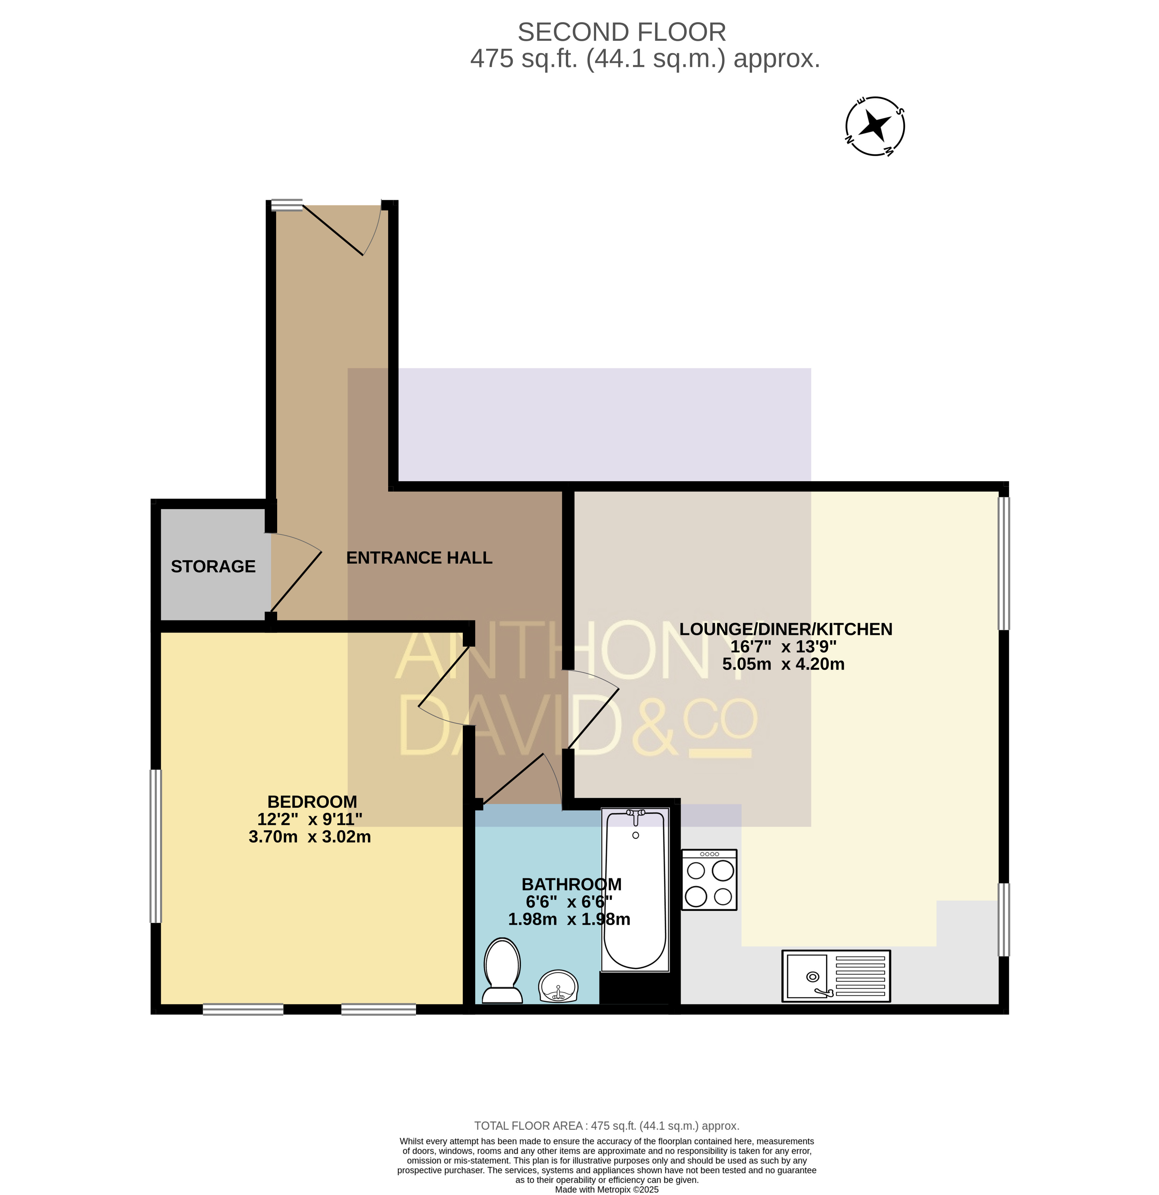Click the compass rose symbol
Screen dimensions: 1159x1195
point(875,126)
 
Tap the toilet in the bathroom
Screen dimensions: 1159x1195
point(502,970)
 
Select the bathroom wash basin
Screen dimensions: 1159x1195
point(558,986)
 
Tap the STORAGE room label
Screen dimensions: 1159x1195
point(213,566)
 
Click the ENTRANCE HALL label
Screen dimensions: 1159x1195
point(419,557)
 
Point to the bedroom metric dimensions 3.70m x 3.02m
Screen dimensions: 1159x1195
point(310,837)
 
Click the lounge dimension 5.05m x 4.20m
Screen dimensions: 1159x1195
point(783,664)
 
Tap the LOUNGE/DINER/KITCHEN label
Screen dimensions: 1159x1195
point(786,629)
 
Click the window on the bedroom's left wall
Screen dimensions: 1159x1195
point(156,846)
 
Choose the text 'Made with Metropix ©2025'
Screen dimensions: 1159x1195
point(607,1189)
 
